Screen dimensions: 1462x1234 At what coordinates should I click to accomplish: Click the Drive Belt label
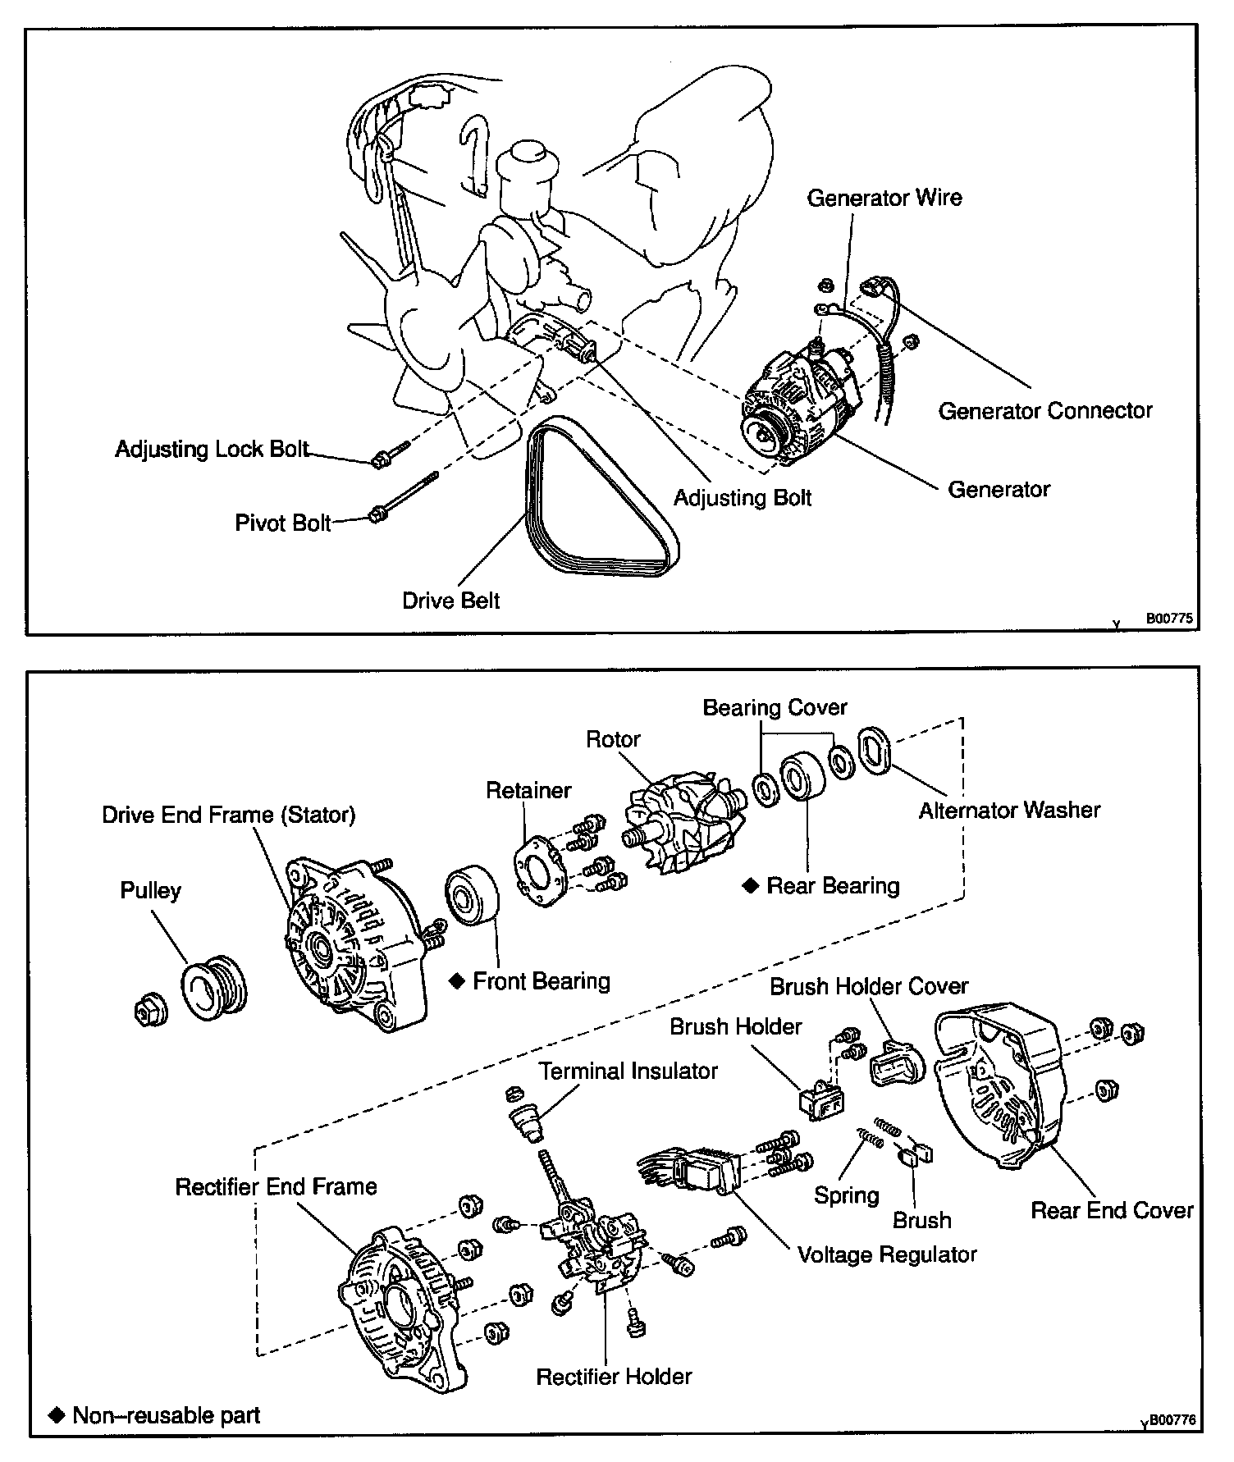pos(450,601)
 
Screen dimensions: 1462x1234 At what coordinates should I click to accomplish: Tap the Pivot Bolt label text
pos(283,523)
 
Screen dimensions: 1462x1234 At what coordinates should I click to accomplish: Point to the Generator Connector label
pos(1044,410)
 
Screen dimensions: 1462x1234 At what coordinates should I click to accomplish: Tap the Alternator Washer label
pos(1009,811)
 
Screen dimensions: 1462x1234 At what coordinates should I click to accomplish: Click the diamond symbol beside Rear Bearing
pos(750,886)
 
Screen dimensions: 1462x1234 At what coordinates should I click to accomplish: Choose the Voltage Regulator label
pos(887,1254)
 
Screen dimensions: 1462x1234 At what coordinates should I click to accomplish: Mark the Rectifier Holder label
pos(614,1376)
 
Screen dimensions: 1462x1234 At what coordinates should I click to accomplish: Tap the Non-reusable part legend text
pos(166,1415)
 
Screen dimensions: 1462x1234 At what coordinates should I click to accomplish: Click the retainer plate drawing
pos(540,870)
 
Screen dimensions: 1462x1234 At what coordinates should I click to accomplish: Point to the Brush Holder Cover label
pos(868,986)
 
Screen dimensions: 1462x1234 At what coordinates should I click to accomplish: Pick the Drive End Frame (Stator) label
pos(228,815)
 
